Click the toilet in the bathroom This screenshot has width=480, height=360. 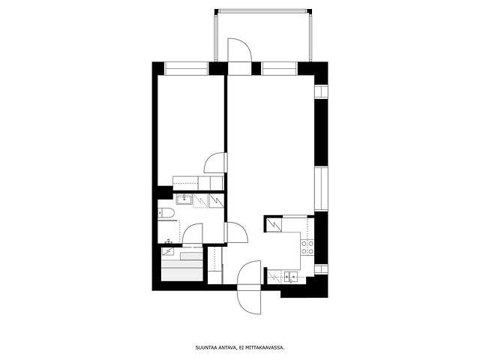coord(166,213)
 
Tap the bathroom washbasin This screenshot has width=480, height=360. coord(184,199)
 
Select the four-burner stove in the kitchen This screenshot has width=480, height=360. coord(307,247)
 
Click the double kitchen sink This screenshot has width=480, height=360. coord(291,277)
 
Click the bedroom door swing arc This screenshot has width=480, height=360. coord(209,159)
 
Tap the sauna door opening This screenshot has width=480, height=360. coord(193,245)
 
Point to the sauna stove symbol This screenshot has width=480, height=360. coord(167,251)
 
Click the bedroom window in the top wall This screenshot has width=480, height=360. coord(187,68)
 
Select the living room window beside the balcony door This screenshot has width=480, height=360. coord(279,68)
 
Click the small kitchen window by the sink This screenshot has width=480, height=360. coord(321,269)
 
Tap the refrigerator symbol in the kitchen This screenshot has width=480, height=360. coord(274,225)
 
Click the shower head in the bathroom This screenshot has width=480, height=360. coord(169,241)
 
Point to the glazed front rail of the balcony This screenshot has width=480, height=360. coord(263,11)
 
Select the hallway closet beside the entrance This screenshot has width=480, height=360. coord(215,265)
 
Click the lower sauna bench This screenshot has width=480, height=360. coord(182,274)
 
